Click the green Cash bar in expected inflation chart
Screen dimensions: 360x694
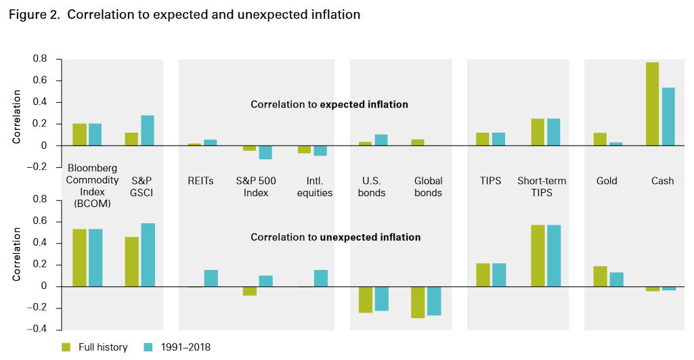[x=652, y=104]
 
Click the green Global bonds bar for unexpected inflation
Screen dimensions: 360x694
[x=418, y=302]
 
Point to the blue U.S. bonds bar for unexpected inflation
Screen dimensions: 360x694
[x=382, y=298]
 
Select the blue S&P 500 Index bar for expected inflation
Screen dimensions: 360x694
[x=265, y=152]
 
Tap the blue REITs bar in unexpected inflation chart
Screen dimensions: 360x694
[x=211, y=278]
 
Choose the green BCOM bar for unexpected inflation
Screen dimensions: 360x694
[x=79, y=258]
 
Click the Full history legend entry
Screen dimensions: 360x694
[x=94, y=347]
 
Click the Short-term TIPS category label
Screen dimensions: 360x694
[x=542, y=187]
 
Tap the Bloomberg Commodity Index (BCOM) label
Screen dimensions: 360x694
[x=92, y=185]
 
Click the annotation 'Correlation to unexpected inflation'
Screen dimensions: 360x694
[x=335, y=238]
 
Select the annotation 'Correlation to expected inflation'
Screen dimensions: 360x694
[x=329, y=105]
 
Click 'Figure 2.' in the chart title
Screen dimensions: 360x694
[x=34, y=14]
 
